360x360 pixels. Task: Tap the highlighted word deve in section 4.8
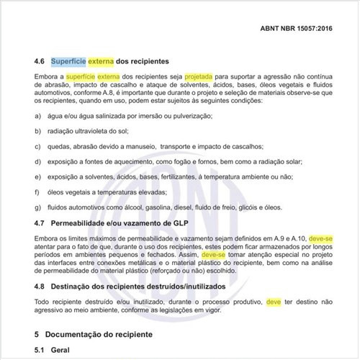click(x=274, y=302)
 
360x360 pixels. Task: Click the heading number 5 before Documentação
click(x=37, y=335)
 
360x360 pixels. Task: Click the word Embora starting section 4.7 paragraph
click(x=48, y=237)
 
